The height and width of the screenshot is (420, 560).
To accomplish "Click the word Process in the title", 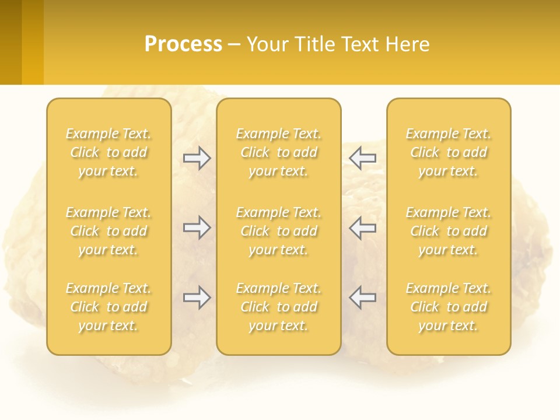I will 183,44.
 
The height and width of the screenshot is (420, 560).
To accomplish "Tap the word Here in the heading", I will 407,44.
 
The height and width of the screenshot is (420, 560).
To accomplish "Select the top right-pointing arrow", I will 197,157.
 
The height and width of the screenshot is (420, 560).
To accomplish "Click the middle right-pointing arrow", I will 197,228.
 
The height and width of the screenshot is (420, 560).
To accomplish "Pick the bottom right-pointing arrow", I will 197,297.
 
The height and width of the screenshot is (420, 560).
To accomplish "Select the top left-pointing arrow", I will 362,157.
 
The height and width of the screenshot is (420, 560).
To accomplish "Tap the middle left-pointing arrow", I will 362,228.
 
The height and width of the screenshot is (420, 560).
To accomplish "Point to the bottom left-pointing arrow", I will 362,297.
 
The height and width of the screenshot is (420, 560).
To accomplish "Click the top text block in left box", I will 108,152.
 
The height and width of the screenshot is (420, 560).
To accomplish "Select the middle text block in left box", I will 108,231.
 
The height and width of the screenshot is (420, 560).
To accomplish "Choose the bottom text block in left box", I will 108,307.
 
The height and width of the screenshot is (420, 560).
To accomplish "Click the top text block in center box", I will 279,152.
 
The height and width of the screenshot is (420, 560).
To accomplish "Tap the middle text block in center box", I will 279,231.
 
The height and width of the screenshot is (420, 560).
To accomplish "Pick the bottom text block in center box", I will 279,307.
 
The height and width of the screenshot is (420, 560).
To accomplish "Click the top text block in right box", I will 449,152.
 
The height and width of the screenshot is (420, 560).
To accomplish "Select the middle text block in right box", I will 449,231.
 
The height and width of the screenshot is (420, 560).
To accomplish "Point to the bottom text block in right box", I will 449,307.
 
